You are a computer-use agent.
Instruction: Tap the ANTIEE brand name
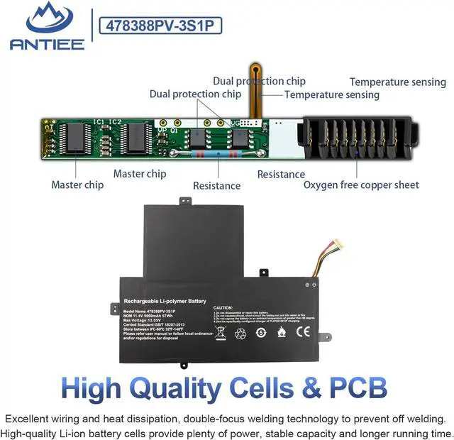click(x=47, y=44)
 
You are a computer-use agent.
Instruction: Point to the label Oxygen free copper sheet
click(x=361, y=185)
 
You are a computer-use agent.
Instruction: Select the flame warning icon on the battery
click(x=282, y=331)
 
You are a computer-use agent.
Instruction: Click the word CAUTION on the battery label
click(x=225, y=307)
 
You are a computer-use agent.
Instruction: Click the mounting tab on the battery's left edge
click(x=114, y=309)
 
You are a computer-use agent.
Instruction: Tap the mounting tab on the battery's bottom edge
click(x=184, y=365)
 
